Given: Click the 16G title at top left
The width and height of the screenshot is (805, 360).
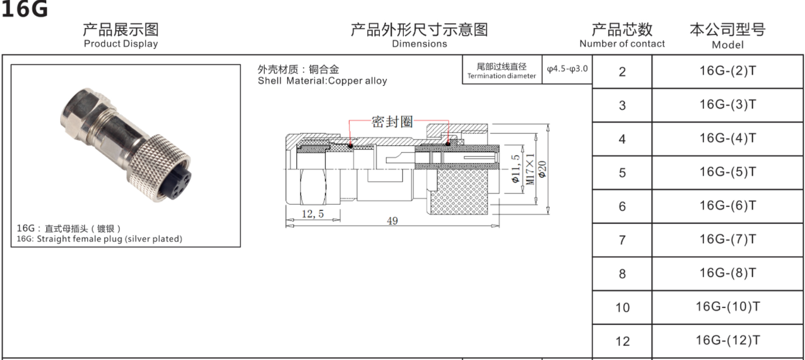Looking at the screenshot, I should [x=25, y=9].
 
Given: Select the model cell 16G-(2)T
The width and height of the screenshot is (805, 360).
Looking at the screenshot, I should [x=727, y=71].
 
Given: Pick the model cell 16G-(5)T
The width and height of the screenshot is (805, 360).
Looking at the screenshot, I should [x=727, y=172].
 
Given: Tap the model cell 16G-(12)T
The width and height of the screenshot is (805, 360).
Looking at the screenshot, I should [x=727, y=341].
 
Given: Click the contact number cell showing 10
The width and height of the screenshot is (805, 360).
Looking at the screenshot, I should [x=622, y=307].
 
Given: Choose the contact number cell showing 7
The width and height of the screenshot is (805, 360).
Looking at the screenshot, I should [x=622, y=240].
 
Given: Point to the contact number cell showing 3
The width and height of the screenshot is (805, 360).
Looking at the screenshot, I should [x=622, y=106].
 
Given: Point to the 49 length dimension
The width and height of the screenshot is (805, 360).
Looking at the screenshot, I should [x=392, y=221].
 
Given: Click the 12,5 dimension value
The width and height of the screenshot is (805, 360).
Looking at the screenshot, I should [x=313, y=214].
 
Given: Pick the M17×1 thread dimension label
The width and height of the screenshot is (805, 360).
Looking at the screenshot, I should [x=530, y=169].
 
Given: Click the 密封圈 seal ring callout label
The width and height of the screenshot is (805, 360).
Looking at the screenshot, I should [x=392, y=122].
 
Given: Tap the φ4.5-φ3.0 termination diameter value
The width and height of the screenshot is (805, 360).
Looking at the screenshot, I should [x=567, y=70].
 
